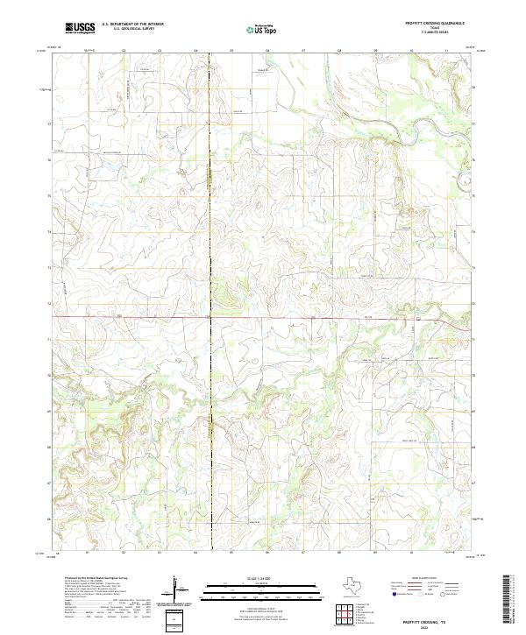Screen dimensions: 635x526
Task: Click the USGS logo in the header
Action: [79, 28]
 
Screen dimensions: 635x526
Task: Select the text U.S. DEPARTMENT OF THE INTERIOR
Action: [132, 24]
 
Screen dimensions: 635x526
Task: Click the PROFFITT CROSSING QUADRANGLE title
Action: [433, 24]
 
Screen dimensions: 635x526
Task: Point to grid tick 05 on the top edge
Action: [231, 51]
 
